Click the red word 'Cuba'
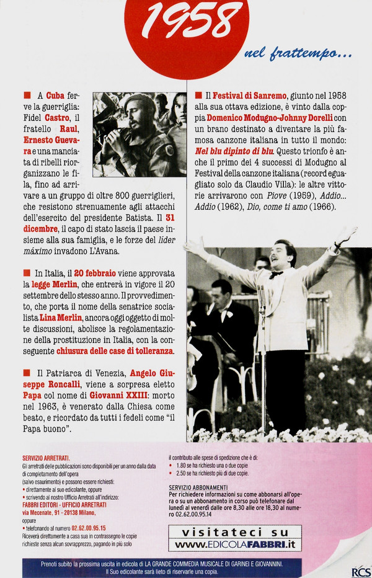(x=56, y=96)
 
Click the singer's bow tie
(x=276, y=274)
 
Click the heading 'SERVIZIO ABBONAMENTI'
(x=198, y=487)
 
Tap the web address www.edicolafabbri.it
(x=235, y=544)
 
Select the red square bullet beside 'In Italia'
(x=27, y=273)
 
